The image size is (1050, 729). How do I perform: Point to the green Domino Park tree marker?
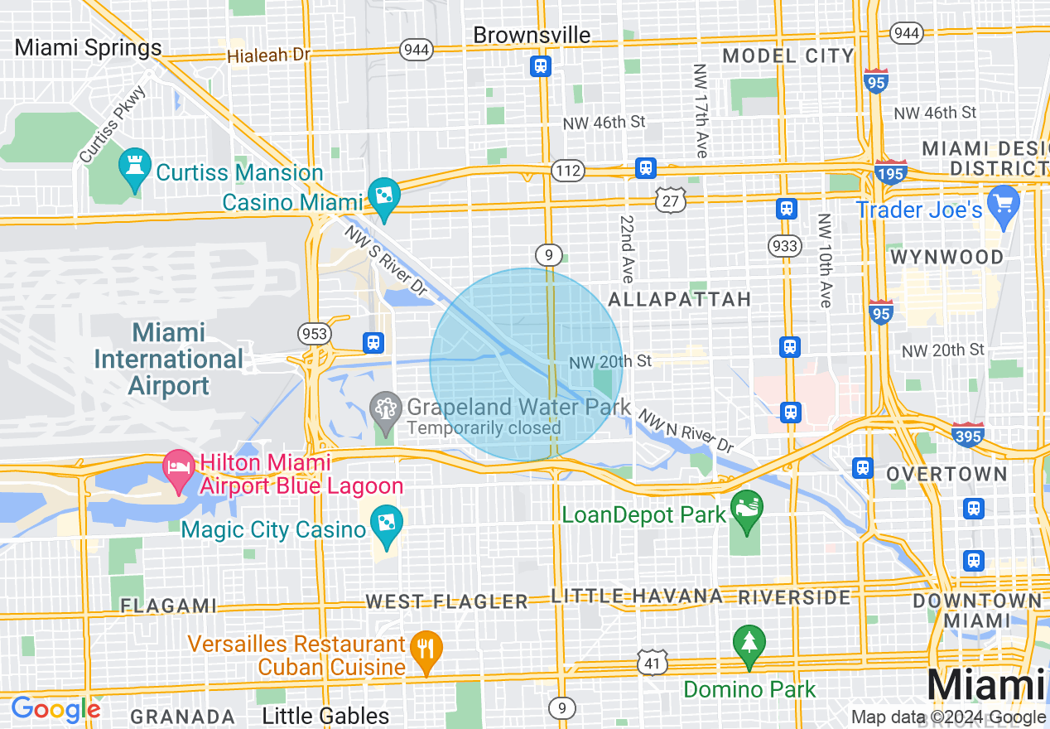click(x=749, y=643)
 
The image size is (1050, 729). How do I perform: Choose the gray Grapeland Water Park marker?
click(x=385, y=407)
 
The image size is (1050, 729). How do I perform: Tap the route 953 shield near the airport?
click(x=315, y=334)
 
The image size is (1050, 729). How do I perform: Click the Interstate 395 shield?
click(x=968, y=434)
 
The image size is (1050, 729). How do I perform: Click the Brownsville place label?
click(x=532, y=35)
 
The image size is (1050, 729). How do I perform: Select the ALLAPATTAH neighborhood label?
click(x=679, y=299)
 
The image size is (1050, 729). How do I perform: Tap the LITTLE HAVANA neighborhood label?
click(x=637, y=596)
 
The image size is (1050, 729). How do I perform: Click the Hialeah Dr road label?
click(x=269, y=55)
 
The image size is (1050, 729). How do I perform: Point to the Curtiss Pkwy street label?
click(x=113, y=124)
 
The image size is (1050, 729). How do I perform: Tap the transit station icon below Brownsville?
click(x=541, y=65)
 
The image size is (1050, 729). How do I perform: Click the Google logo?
click(x=55, y=709)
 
